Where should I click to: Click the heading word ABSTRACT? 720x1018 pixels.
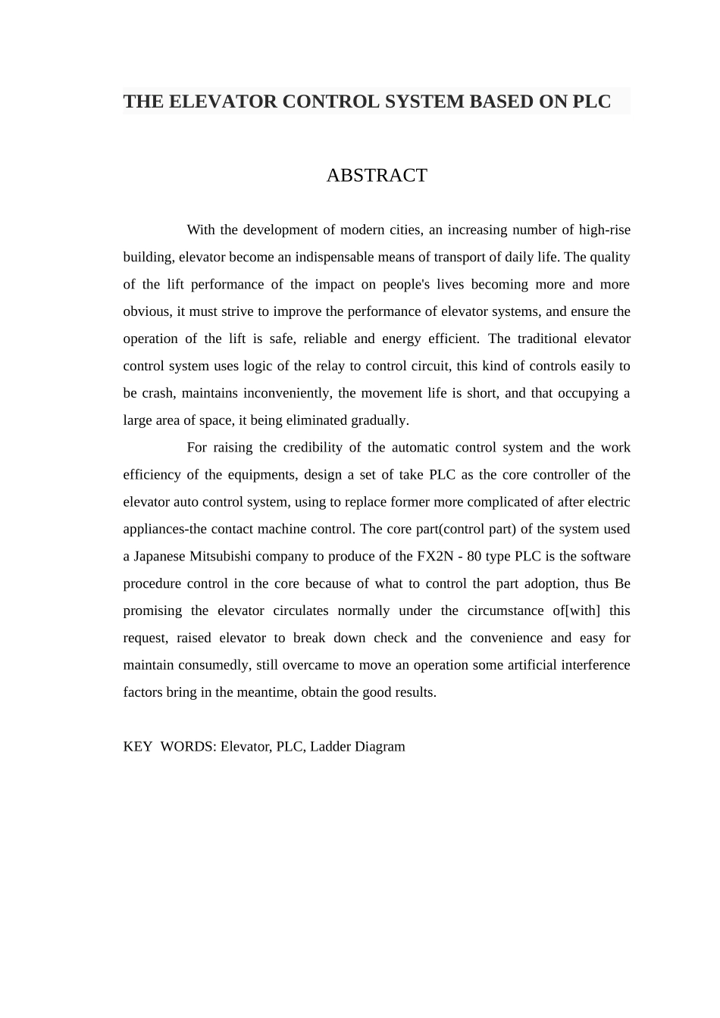(377, 176)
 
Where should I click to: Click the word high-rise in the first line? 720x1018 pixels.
(604, 230)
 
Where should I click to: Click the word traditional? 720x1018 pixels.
(537, 339)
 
